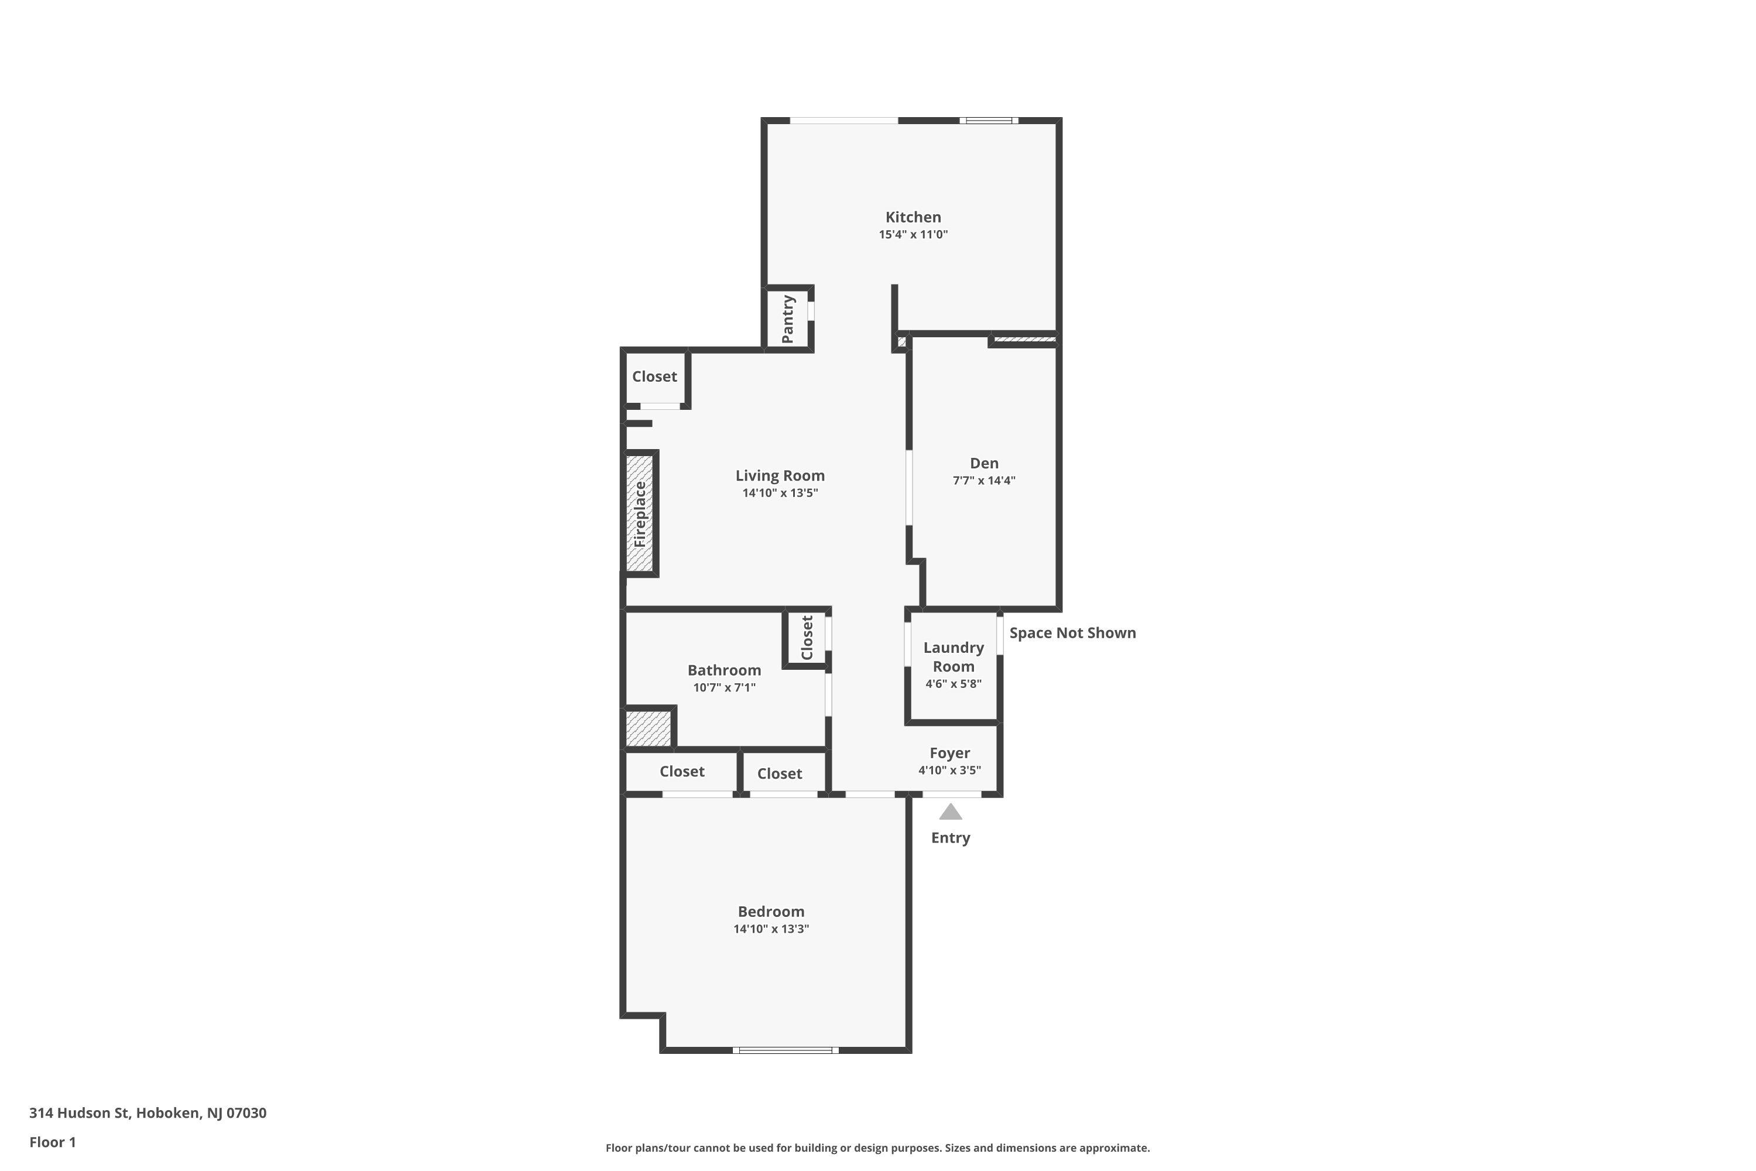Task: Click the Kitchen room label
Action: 913,217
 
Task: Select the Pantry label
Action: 788,319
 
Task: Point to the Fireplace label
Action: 640,515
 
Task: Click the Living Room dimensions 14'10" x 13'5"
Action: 780,493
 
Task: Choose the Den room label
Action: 984,463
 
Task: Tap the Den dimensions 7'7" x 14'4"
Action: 984,480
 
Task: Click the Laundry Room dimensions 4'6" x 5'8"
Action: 954,683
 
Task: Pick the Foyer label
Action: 949,753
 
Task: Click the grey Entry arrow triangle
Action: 951,812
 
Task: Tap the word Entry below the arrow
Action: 951,838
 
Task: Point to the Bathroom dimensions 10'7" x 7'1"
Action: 724,687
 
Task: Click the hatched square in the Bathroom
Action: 648,728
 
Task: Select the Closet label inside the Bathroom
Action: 807,638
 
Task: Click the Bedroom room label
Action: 771,911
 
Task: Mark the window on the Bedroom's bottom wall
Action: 785,1050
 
